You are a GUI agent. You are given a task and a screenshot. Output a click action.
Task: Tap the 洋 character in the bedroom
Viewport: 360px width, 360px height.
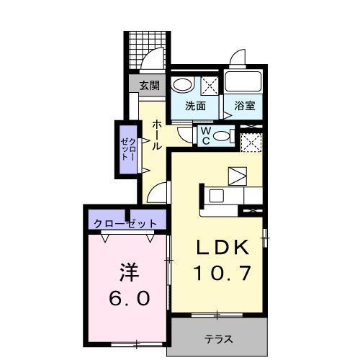[128, 274]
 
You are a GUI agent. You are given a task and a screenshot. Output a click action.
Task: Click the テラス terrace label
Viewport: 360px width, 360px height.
[217, 339]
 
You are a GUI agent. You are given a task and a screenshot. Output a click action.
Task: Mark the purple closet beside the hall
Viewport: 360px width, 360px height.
[128, 150]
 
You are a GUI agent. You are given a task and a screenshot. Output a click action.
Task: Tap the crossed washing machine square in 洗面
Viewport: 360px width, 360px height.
[210, 85]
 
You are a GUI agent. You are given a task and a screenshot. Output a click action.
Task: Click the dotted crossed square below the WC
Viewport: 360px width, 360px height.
[251, 145]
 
